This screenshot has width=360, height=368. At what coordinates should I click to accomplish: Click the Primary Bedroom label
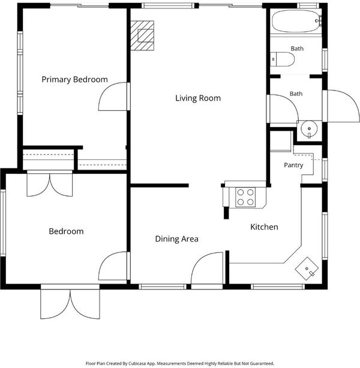(75, 80)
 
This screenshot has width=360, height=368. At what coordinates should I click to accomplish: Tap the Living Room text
(198, 98)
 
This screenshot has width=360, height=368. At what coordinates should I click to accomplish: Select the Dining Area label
(177, 239)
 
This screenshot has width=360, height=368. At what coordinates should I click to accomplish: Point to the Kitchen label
(264, 227)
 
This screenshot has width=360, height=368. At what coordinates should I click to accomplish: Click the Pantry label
(293, 165)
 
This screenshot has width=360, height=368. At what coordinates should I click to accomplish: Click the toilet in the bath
(282, 59)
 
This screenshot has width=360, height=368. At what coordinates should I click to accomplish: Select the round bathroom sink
(309, 129)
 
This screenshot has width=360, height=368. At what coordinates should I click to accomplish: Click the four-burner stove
(245, 197)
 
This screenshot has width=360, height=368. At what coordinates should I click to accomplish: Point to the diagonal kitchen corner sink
(307, 269)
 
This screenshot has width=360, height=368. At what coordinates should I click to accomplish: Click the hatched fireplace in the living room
(142, 36)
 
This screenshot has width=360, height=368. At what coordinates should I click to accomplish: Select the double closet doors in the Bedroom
(50, 183)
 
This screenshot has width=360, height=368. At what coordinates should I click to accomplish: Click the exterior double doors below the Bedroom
(70, 303)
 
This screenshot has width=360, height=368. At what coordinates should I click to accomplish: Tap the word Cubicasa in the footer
(137, 364)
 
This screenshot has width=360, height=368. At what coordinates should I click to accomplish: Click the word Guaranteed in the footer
(262, 364)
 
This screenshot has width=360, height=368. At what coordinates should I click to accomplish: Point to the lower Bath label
(296, 94)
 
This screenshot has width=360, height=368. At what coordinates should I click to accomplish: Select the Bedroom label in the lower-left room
(66, 231)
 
